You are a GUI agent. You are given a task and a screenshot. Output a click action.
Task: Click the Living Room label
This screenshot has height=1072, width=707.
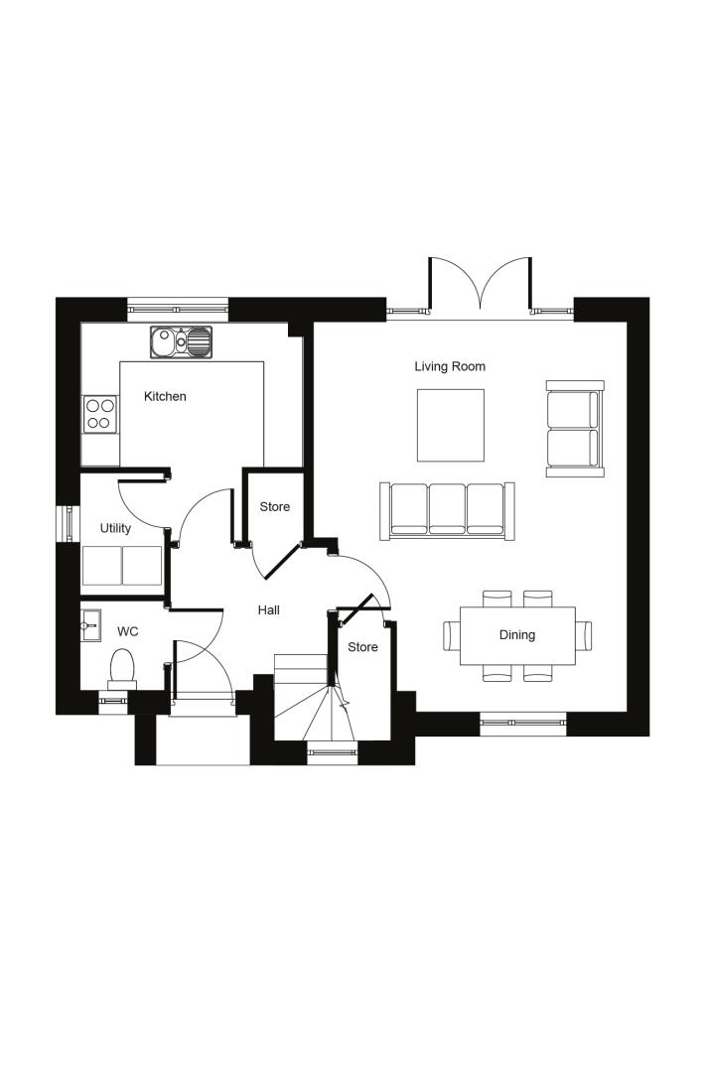pyautogui.click(x=449, y=366)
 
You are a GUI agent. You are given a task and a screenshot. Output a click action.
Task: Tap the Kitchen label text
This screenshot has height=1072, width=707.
pyautogui.click(x=165, y=396)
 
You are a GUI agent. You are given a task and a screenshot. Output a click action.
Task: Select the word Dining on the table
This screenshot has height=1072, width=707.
pyautogui.click(x=517, y=635)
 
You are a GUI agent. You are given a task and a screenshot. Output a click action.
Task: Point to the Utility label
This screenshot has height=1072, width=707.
pyautogui.click(x=115, y=528)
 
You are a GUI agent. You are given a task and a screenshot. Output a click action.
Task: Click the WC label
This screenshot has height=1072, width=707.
pyautogui.click(x=128, y=631)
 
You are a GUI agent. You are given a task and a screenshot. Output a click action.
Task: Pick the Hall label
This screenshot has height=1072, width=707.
pyautogui.click(x=269, y=609)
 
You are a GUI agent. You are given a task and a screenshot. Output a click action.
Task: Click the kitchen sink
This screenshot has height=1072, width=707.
pyautogui.click(x=181, y=341)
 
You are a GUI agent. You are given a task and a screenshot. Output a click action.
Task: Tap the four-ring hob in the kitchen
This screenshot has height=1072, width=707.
pyautogui.click(x=99, y=414)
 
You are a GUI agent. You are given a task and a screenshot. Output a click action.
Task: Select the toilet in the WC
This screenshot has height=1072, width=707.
pyautogui.click(x=122, y=669)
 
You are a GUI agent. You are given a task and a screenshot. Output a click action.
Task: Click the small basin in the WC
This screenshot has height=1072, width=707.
pyautogui.click(x=90, y=625)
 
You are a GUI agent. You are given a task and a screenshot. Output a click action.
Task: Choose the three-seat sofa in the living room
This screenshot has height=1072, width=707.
pyautogui.click(x=447, y=511)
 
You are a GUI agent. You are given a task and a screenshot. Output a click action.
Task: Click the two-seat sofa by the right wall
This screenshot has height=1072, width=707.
pyautogui.click(x=575, y=429)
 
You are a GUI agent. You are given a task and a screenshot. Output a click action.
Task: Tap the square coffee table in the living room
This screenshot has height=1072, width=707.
pyautogui.click(x=451, y=425)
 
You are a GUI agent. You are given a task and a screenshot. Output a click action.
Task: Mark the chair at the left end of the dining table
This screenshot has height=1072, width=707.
pyautogui.click(x=451, y=636)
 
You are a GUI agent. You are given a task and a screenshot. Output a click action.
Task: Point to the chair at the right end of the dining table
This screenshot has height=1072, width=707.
pyautogui.click(x=583, y=636)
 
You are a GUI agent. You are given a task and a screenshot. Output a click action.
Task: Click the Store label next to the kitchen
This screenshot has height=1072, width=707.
pyautogui.click(x=274, y=506)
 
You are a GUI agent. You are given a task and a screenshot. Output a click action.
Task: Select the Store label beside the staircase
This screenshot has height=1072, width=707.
pyautogui.click(x=362, y=647)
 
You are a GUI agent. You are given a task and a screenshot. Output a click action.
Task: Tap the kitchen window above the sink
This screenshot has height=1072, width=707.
pyautogui.click(x=178, y=309)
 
